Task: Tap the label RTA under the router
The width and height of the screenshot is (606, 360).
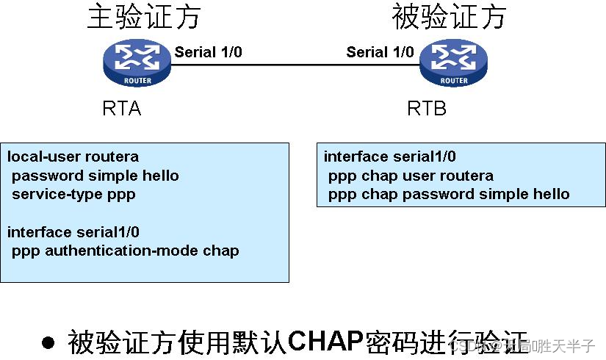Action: click(121, 109)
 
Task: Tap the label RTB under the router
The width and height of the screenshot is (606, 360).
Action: click(427, 109)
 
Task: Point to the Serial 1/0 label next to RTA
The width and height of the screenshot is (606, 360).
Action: click(208, 52)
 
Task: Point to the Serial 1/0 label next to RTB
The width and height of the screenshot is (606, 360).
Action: click(380, 52)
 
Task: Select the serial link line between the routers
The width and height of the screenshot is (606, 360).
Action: click(294, 65)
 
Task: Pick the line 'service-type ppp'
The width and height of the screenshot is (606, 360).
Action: click(73, 195)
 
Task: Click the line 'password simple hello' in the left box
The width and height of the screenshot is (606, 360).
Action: click(95, 176)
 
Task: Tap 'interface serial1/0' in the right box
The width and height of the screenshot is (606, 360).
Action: click(389, 156)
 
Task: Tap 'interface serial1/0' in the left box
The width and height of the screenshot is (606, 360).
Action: click(73, 232)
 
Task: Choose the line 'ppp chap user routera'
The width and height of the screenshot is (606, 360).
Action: click(411, 176)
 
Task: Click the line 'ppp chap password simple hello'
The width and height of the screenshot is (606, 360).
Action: click(449, 194)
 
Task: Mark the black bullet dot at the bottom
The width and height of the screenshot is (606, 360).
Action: click(48, 342)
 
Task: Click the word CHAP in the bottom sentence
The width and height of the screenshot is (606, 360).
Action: click(325, 341)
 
